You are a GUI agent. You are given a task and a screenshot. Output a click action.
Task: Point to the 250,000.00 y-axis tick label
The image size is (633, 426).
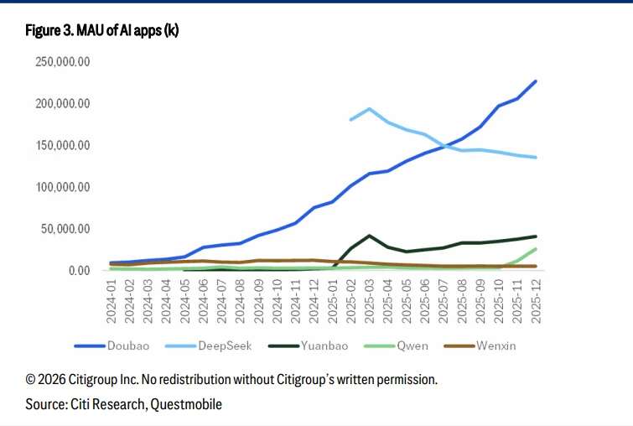tap(62, 62)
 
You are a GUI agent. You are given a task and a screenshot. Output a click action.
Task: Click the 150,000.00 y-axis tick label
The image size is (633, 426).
tap(62, 145)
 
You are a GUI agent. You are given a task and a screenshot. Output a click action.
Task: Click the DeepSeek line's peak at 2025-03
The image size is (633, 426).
tap(369, 109)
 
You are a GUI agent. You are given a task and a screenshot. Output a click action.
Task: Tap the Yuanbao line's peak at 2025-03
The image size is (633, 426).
tap(369, 236)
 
